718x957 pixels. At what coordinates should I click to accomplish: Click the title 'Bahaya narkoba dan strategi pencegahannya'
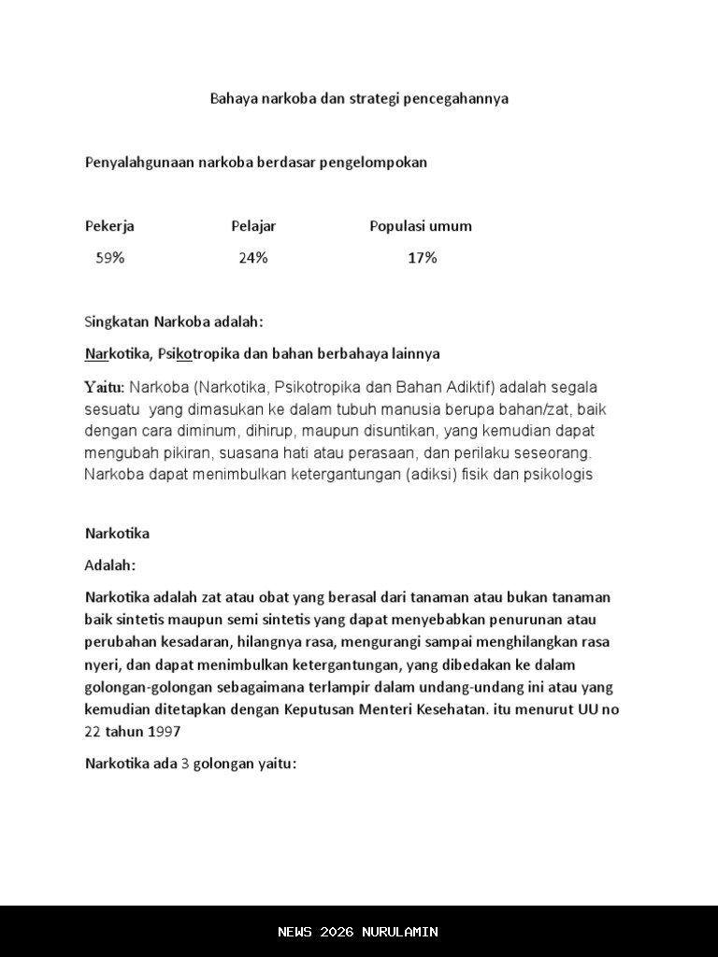coord(359,98)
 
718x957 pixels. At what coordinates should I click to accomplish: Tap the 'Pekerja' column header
coord(109,226)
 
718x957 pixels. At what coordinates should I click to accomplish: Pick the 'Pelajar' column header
coord(253,226)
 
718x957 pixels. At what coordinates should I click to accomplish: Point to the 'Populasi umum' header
coord(421,226)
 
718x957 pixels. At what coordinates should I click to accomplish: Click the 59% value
coord(109,258)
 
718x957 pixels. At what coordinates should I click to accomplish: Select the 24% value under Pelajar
coord(252,258)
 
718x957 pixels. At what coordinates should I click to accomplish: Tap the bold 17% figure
coord(422,258)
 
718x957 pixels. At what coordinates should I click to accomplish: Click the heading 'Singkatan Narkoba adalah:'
coord(175,322)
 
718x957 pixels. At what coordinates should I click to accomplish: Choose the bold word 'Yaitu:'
coord(105,387)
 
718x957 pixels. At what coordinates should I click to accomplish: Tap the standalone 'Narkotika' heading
coord(117,534)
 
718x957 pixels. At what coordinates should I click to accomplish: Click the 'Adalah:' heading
coord(110,565)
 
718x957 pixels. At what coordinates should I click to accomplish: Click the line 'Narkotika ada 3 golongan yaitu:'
coord(191,763)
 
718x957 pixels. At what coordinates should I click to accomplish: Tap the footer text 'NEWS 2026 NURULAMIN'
coord(358,932)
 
